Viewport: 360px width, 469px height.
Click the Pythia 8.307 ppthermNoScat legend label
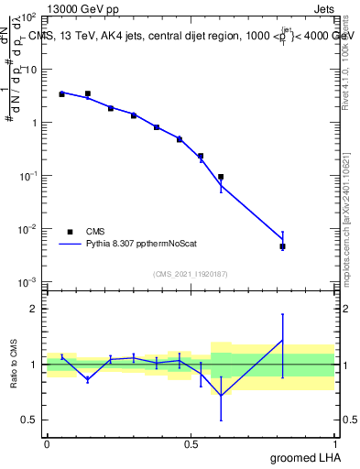click(146, 245)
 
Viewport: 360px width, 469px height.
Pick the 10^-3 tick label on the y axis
click(27, 281)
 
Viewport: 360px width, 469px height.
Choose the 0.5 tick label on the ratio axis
click(30, 420)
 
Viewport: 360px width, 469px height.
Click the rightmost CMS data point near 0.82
click(283, 246)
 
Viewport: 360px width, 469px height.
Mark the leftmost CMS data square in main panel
click(61, 94)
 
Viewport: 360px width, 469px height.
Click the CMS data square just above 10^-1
click(221, 177)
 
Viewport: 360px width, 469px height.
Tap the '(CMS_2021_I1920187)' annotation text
click(191, 273)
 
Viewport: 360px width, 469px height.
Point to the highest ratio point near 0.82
click(283, 341)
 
